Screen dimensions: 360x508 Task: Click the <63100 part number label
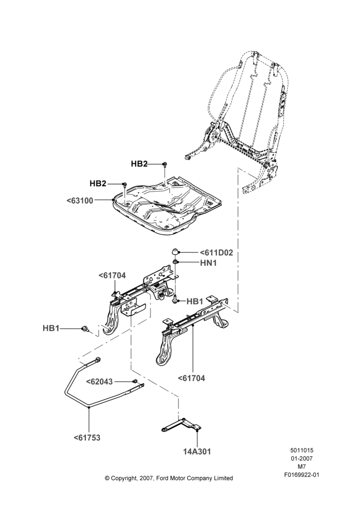(80, 201)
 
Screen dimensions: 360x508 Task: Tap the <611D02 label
(216, 252)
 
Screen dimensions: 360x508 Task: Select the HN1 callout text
(208, 263)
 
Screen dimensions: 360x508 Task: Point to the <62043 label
(99, 382)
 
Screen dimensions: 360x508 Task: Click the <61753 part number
(87, 438)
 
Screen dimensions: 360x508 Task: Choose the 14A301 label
(197, 451)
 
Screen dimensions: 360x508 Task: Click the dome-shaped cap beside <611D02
(174, 252)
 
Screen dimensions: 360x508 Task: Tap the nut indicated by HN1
(175, 262)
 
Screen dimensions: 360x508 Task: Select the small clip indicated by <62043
(135, 380)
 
